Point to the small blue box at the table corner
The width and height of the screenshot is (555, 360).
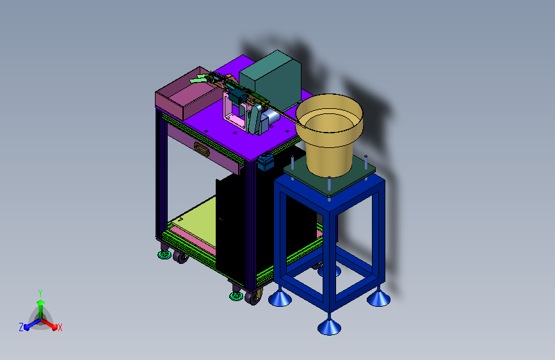[x=266, y=161]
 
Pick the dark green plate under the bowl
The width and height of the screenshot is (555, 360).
[x=329, y=176]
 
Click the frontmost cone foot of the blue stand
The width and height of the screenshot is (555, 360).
[x=329, y=326]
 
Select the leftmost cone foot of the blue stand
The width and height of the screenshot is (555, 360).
[x=280, y=298]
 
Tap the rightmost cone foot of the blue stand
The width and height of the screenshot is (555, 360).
[x=378, y=298]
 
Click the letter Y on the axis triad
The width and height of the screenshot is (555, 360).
[x=40, y=293]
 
